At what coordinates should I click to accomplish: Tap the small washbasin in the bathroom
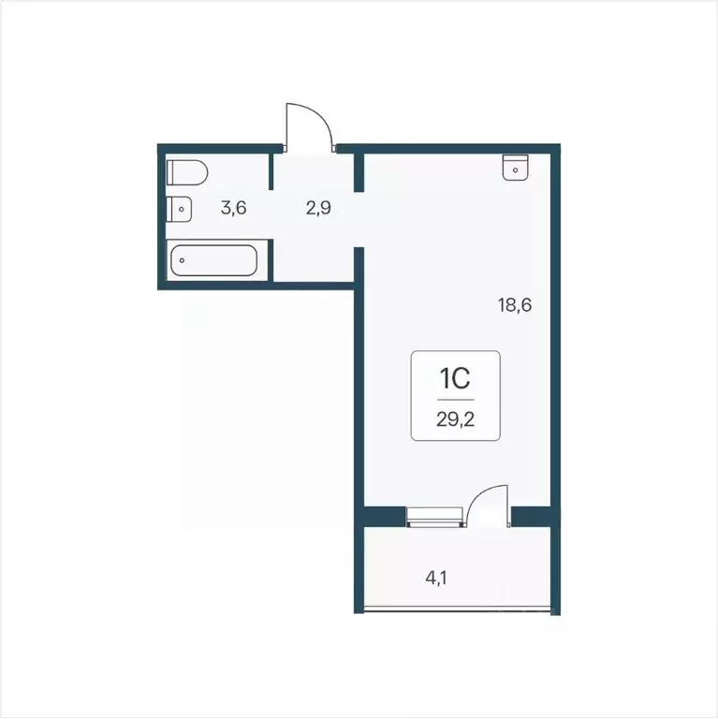click(x=180, y=209)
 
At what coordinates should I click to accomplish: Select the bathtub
click(x=218, y=259)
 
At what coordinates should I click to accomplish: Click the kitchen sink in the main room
click(x=516, y=166)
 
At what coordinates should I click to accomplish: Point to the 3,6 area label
click(x=233, y=208)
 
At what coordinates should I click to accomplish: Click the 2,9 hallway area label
click(x=317, y=208)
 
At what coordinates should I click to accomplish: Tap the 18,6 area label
click(x=515, y=304)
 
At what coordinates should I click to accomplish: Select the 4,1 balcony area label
click(x=436, y=578)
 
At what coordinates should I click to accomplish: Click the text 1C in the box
click(x=455, y=379)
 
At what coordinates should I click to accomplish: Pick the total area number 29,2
click(x=455, y=418)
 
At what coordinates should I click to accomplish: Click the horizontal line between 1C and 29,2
click(x=455, y=400)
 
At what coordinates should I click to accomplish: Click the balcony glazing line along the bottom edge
click(x=459, y=609)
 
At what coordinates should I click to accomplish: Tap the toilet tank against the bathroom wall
click(x=171, y=173)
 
